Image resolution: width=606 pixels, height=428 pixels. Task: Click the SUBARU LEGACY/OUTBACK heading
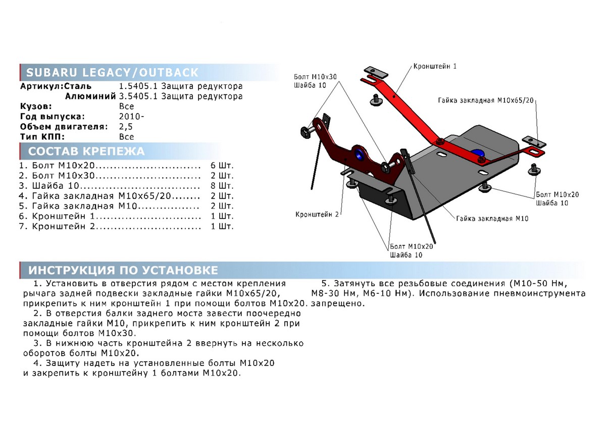pyautogui.click(x=112, y=72)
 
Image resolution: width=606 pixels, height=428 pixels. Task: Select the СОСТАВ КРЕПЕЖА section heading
pyautogui.click(x=86, y=151)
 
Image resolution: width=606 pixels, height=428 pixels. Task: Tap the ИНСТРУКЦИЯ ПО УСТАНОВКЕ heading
pyautogui.click(x=123, y=270)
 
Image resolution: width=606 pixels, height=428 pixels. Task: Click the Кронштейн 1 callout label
pyautogui.click(x=435, y=66)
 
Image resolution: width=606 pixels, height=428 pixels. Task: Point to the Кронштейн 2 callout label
pyautogui.click(x=317, y=214)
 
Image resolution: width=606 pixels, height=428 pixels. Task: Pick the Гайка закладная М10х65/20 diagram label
pyautogui.click(x=485, y=100)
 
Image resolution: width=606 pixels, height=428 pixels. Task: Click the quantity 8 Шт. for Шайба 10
pyautogui.click(x=222, y=186)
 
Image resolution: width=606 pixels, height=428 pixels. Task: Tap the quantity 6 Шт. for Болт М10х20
pyautogui.click(x=222, y=165)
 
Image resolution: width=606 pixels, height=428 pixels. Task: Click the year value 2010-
pyautogui.click(x=131, y=117)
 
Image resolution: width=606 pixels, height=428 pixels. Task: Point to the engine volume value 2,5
pyautogui.click(x=126, y=127)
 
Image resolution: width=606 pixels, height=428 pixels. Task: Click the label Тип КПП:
pyautogui.click(x=43, y=137)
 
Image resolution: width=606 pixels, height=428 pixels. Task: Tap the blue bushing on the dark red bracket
pyautogui.click(x=360, y=154)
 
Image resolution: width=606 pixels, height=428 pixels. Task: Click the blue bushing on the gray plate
pyautogui.click(x=477, y=153)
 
